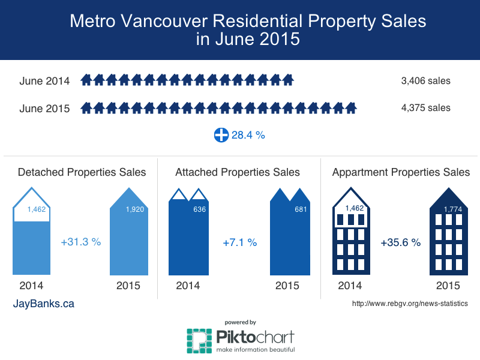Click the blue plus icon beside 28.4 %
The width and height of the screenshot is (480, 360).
pos(221,135)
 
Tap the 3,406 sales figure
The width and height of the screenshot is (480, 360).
pos(426,80)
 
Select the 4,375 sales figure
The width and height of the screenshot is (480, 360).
pos(426,108)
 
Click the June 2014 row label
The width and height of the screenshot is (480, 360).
pos(44,81)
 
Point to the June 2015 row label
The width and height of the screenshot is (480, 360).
pos(44,109)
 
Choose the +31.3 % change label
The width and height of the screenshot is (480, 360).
pos(81,242)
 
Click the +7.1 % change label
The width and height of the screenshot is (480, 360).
pos(239,242)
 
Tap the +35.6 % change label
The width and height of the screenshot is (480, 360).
pos(400,242)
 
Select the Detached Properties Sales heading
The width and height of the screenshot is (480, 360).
pos(82,172)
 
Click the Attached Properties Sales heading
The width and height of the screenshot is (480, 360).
pos(238,172)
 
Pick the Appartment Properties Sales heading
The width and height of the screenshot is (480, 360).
pos(401,172)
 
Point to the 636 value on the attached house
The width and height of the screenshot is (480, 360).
pos(198,210)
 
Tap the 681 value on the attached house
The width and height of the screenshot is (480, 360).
pos(299,210)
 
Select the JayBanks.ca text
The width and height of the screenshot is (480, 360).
pos(44,304)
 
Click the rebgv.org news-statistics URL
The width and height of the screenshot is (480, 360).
pos(409,304)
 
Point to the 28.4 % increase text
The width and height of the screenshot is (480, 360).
pos(248,136)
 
